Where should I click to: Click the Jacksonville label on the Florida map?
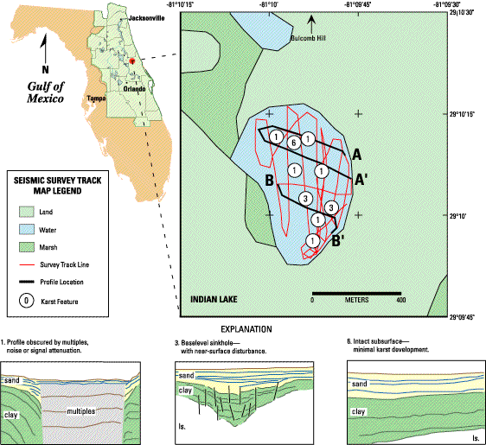coord(146,18)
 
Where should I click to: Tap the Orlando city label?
coord(135,89)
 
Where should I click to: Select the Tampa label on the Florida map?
coord(96,99)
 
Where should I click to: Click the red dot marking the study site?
coord(132,60)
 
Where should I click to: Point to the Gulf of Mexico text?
coord(45,92)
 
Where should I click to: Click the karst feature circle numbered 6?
coord(293,143)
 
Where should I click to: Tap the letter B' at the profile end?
coord(338,241)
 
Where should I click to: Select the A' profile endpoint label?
coord(359,180)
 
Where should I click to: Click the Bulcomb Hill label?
coord(308,38)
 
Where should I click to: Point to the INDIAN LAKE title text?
coord(214,300)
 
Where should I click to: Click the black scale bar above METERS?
coord(356,293)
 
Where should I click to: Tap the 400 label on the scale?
coord(400,300)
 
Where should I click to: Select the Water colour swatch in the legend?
coord(26,230)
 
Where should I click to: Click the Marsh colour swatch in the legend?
coord(26,247)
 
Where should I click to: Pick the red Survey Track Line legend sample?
coord(26,265)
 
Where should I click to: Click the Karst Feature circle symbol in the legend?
coord(26,301)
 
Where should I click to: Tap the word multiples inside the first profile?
coord(81,411)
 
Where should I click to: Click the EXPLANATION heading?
coord(246,329)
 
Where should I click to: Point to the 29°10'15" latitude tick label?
coord(462,115)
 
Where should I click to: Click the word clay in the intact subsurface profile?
coord(358,411)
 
